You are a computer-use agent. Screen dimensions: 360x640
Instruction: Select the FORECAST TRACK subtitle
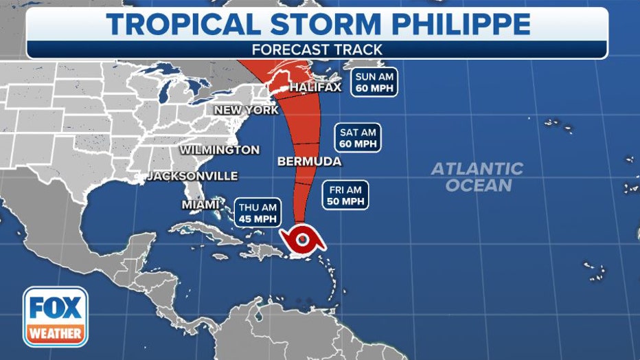(x=317, y=49)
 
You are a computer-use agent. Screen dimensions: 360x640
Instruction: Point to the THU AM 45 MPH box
(x=258, y=212)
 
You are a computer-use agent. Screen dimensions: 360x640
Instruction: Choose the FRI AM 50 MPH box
(x=345, y=194)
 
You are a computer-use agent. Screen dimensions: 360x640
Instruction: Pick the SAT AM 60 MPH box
(x=358, y=138)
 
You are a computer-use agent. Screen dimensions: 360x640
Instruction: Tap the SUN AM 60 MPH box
(x=374, y=82)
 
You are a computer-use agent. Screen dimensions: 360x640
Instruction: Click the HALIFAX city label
(x=315, y=88)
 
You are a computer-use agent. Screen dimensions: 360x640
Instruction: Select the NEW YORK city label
(x=246, y=110)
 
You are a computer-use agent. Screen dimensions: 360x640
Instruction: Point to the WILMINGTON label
(x=220, y=150)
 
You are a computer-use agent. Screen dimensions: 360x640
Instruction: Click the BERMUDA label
(x=309, y=161)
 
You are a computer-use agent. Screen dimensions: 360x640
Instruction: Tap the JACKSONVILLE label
(x=193, y=176)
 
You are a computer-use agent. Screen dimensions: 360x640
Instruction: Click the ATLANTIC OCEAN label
(x=477, y=177)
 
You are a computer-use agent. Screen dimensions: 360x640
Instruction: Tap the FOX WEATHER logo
(x=56, y=315)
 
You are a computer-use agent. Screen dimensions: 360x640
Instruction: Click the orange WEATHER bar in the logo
(x=56, y=335)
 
